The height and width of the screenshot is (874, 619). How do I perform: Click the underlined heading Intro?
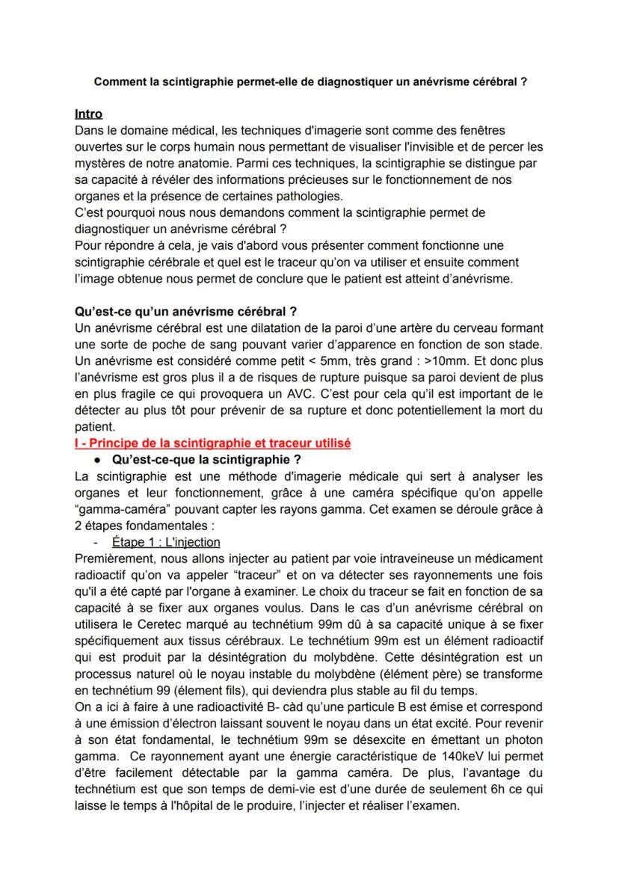[89, 114]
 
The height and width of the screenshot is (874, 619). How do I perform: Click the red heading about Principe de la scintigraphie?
[213, 443]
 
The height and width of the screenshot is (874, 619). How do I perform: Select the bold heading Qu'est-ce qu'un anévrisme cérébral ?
[186, 313]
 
